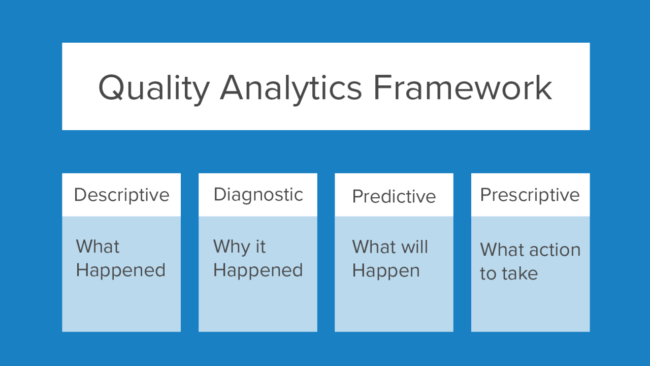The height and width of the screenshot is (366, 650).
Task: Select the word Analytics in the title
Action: click(x=291, y=87)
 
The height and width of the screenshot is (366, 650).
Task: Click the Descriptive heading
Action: click(x=121, y=195)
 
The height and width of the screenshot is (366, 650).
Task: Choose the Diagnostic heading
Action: click(x=258, y=195)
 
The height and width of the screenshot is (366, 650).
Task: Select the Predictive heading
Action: click(x=394, y=197)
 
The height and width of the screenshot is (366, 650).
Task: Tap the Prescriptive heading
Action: click(x=530, y=195)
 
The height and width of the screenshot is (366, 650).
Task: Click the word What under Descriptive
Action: click(x=97, y=247)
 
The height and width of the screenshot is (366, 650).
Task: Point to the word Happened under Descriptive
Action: click(x=120, y=270)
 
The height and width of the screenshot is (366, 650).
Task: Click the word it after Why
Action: click(x=260, y=247)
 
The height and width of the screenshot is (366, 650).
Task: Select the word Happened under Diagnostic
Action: click(x=258, y=270)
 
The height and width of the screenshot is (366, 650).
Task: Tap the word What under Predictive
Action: click(x=374, y=247)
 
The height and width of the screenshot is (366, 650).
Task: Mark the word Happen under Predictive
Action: click(x=386, y=271)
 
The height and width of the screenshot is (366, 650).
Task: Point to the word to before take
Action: click(x=488, y=274)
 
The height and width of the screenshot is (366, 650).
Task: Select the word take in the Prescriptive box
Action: click(x=519, y=273)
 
